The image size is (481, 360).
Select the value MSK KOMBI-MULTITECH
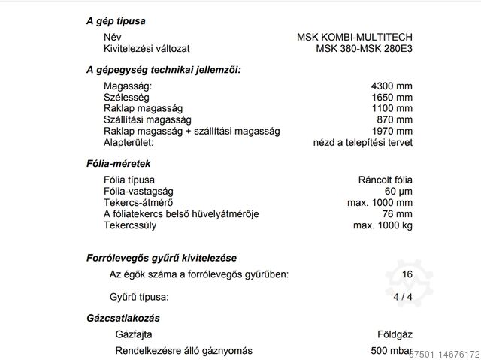[x=355, y=37]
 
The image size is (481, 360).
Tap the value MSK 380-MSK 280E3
[x=364, y=49]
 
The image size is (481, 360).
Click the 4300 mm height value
[x=392, y=86]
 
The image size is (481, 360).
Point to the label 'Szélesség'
[x=126, y=98]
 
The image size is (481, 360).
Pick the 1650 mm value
[x=392, y=98]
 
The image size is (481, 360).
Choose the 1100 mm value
[x=392, y=109]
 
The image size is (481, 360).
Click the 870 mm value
[x=395, y=119]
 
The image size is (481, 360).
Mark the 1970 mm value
[x=392, y=131]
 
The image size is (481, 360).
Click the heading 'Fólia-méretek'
[x=118, y=162]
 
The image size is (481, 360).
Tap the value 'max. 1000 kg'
[x=381, y=224]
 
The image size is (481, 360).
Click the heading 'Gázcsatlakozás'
[x=123, y=319]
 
